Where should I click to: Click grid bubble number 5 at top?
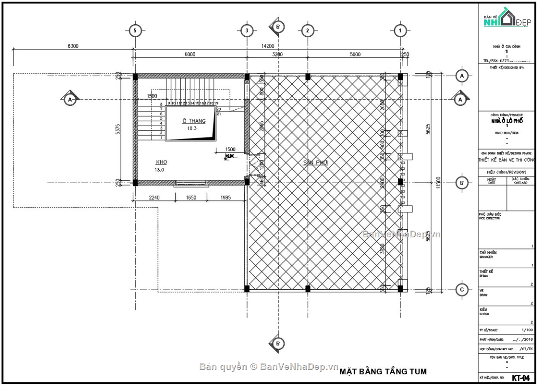(x=135, y=30)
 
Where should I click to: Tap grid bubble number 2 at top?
(x=307, y=30)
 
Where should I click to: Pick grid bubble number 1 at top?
(x=400, y=30)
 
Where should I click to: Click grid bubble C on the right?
(x=462, y=290)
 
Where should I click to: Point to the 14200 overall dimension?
(x=268, y=46)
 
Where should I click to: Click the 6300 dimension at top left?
(x=73, y=46)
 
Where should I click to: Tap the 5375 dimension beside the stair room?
(x=118, y=129)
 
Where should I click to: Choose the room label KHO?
(x=162, y=162)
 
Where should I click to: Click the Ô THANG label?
(x=193, y=121)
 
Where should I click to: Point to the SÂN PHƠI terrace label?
(x=316, y=163)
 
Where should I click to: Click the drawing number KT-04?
(x=521, y=377)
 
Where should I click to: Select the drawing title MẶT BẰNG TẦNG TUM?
(x=383, y=372)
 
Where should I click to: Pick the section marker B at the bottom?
(x=277, y=343)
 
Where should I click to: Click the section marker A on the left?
(x=70, y=99)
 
